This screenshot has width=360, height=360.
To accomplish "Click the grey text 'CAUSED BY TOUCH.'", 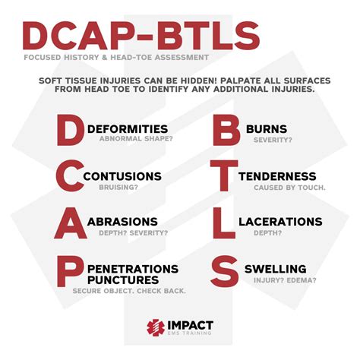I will tap(287, 187).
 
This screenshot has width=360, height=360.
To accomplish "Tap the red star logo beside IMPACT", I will tap(156, 328).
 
